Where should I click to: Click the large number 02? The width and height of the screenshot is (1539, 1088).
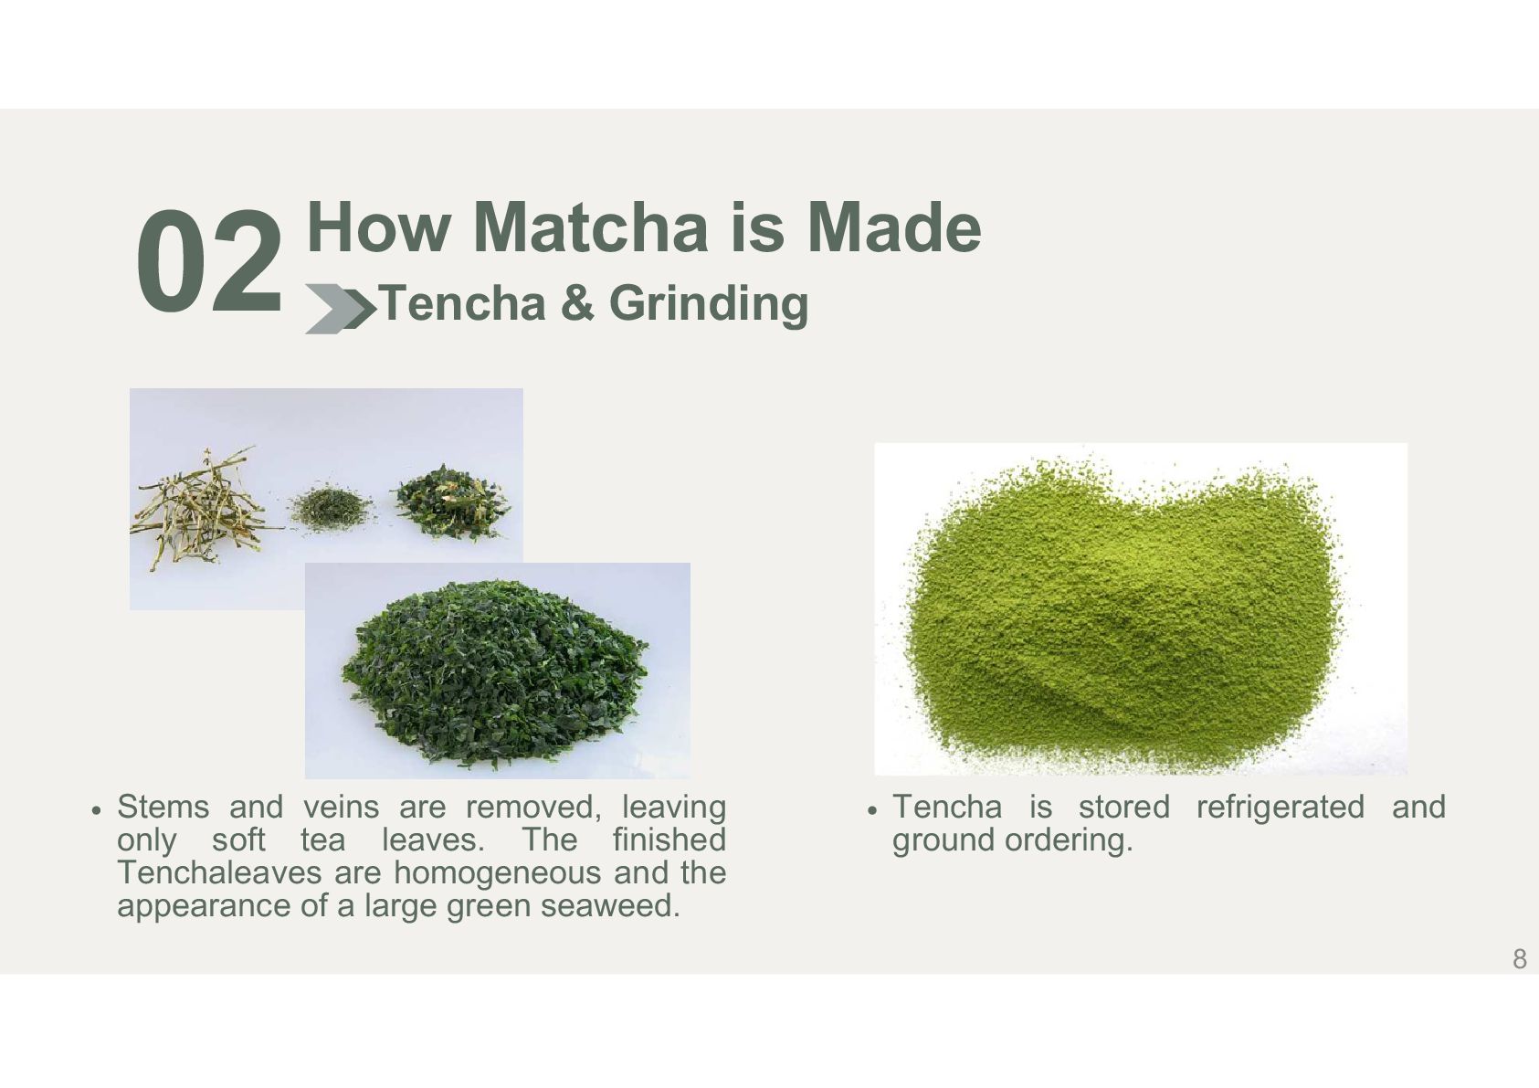(x=209, y=261)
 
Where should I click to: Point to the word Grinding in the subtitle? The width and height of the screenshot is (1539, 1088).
(x=708, y=304)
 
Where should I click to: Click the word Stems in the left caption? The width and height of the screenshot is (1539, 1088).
(x=163, y=807)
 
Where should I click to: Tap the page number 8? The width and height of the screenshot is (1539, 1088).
(x=1519, y=958)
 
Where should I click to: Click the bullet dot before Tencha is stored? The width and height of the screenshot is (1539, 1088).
(x=872, y=810)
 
